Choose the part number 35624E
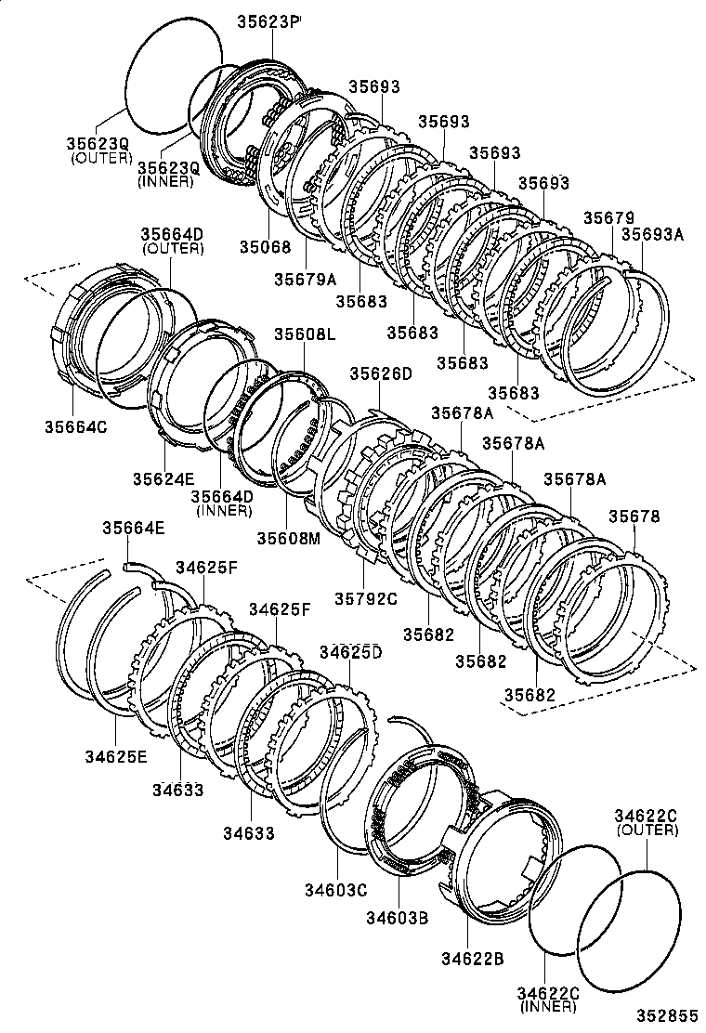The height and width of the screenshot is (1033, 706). tap(163, 478)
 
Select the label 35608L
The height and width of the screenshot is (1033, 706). tap(305, 334)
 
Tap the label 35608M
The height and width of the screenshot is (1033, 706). tap(288, 537)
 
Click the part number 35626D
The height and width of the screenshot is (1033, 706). tap(380, 373)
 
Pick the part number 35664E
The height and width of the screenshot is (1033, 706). tap(134, 528)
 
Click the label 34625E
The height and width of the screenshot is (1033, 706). tap(116, 756)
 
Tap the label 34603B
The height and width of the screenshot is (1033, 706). tap(396, 919)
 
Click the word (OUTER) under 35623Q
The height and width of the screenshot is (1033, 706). tap(101, 158)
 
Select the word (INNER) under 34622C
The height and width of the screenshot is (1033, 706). tap(548, 1007)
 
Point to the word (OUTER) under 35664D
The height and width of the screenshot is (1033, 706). tap(172, 249)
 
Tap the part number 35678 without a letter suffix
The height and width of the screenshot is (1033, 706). tap(634, 516)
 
